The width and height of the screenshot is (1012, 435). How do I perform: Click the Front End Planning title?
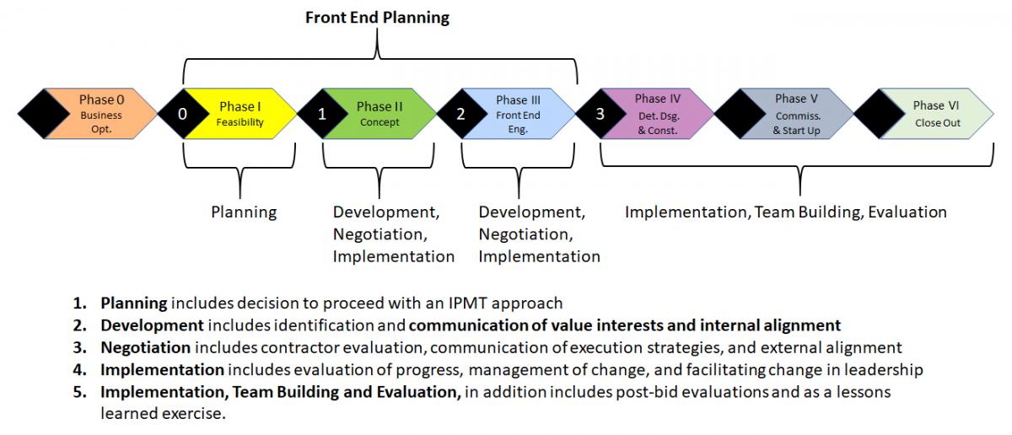click(377, 17)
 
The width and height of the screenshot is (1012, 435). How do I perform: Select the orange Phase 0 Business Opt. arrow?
click(102, 115)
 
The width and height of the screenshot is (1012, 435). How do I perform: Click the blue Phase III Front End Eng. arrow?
click(519, 115)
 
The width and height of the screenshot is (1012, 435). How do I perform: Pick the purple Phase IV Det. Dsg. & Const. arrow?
click(658, 115)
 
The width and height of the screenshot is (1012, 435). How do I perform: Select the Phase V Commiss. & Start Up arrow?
click(796, 115)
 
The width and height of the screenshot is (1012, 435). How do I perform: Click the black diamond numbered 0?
click(183, 115)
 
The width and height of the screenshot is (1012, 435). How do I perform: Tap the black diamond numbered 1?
click(322, 115)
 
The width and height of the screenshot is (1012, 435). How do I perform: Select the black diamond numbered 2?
click(460, 115)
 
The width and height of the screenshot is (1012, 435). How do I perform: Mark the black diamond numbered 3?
click(600, 115)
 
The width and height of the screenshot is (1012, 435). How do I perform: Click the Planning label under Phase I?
click(244, 212)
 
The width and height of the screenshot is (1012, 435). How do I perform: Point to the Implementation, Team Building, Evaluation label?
click(785, 212)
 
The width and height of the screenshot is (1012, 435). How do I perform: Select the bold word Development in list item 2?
click(152, 325)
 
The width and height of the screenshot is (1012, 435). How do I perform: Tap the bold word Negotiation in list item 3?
click(146, 347)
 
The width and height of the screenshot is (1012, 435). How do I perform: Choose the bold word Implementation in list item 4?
click(162, 369)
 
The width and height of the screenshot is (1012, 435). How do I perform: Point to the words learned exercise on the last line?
click(163, 414)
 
